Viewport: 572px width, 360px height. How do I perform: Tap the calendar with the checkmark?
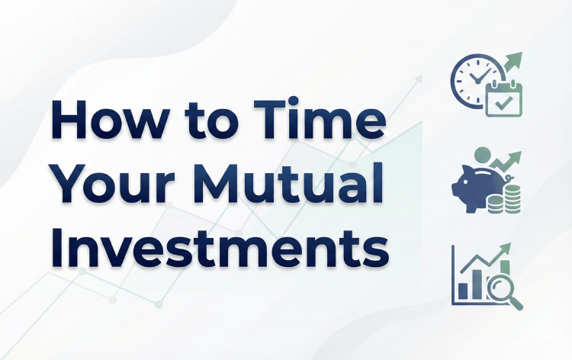click(504, 98)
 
